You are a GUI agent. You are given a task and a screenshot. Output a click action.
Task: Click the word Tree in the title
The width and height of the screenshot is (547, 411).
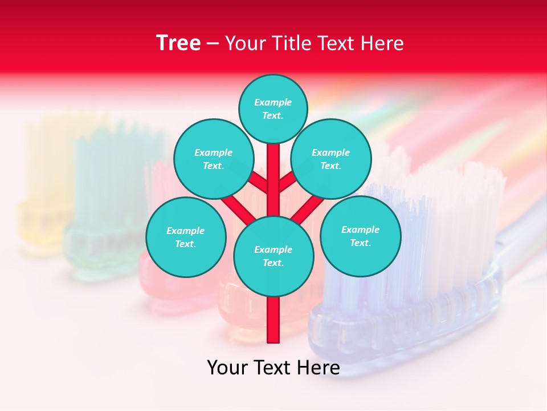[178, 43]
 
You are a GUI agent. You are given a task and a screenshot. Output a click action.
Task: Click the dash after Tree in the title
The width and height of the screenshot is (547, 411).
[213, 44]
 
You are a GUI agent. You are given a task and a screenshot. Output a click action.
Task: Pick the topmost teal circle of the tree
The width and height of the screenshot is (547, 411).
[273, 108]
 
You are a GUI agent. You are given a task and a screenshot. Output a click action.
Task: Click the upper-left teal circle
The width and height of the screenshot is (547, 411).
[213, 159]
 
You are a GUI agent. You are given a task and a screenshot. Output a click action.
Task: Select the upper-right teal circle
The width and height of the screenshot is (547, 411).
[330, 159]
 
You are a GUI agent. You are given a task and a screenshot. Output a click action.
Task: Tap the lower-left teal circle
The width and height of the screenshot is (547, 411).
[186, 237]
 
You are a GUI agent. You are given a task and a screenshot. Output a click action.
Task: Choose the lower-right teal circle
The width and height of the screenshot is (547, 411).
[360, 236]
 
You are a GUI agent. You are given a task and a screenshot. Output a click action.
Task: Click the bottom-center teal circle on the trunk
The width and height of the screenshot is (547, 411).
[273, 256]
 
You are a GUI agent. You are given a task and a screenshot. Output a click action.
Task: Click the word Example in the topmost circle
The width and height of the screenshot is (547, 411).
[273, 102]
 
